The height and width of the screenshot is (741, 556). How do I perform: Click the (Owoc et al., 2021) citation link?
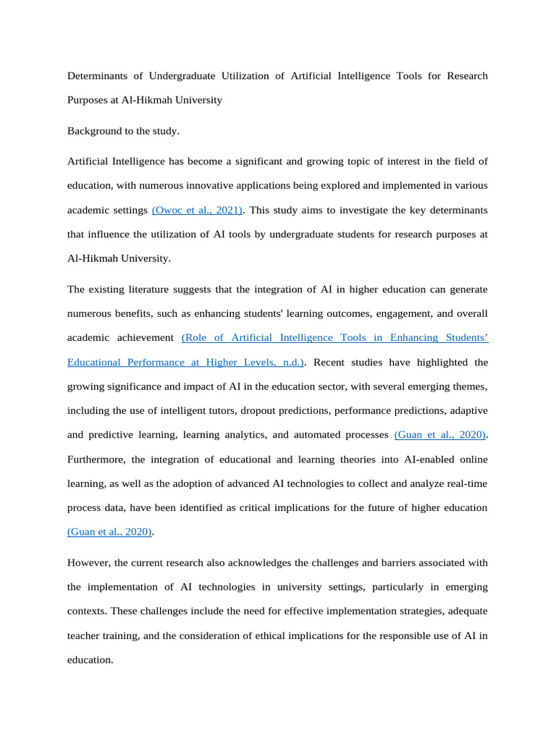tap(198, 210)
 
